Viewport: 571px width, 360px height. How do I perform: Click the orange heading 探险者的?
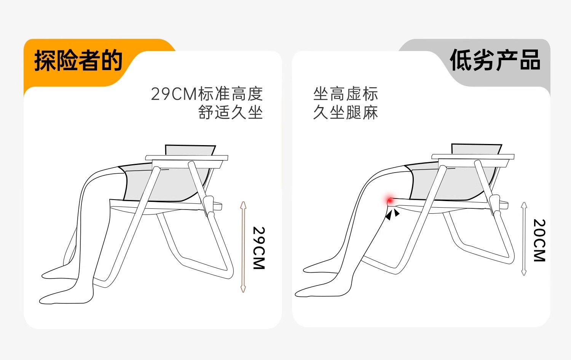pos(78,60)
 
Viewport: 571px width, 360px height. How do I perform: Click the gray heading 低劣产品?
pos(495,60)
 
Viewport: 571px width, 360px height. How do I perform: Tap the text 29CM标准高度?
pos(207,94)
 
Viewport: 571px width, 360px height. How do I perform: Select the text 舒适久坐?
pos(230,112)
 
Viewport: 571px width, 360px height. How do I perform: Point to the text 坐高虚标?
pos(345,94)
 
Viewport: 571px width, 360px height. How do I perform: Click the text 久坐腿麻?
pos(345,112)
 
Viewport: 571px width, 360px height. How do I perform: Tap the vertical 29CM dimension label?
pos(259,248)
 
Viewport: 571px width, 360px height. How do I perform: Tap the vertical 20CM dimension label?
pos(539,240)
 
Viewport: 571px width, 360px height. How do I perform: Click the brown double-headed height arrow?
pos(243,247)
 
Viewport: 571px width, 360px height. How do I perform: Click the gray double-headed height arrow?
pos(524,239)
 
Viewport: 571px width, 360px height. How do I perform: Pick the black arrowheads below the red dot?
pos(392,214)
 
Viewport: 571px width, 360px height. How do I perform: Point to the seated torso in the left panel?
pos(190,150)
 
